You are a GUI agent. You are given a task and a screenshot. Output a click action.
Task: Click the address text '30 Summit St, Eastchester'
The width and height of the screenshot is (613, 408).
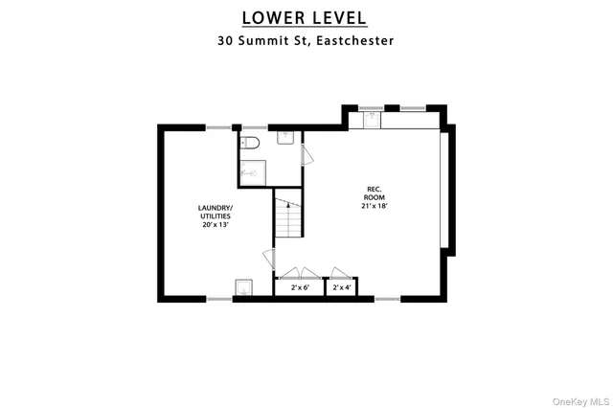304,41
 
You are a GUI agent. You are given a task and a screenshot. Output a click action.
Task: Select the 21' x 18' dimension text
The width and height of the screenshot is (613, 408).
375,205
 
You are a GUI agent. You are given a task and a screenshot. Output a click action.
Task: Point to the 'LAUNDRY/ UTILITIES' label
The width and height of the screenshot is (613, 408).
215,213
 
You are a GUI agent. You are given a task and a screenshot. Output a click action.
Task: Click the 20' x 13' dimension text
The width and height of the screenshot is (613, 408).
215,226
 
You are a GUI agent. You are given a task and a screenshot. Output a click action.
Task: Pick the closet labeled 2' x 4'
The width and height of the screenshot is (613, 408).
341,287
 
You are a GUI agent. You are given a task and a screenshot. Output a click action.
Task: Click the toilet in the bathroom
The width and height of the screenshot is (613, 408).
249,143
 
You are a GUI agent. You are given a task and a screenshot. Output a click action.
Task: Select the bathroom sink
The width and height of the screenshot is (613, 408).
285,138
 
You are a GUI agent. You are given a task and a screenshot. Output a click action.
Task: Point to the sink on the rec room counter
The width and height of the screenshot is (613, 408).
371,120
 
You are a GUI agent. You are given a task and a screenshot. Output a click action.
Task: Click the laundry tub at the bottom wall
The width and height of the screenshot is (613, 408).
243,288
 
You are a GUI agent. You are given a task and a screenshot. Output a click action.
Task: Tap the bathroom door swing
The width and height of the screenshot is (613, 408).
306,155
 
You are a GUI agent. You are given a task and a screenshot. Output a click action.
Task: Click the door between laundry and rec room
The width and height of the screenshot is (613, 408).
268,259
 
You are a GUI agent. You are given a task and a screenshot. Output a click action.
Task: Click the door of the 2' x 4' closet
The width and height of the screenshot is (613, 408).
340,272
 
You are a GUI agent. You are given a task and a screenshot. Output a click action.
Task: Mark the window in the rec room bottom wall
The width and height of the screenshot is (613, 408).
387,299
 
